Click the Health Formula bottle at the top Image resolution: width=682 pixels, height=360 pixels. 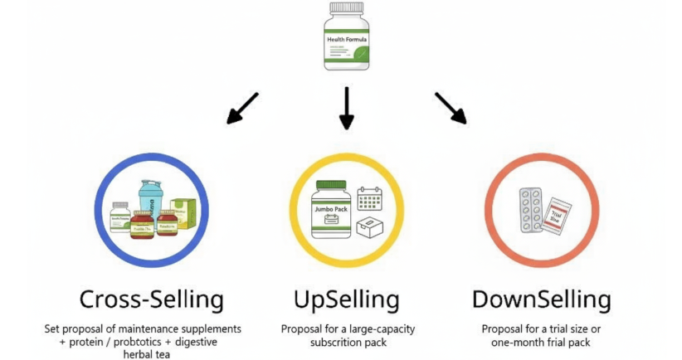click(x=346, y=40)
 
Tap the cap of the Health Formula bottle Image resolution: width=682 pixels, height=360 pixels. click(x=346, y=11)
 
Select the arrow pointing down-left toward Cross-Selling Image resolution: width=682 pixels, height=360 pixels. click(x=242, y=108)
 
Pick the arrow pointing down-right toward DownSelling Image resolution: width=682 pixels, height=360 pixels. click(x=451, y=108)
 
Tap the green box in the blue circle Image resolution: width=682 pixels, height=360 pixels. click(x=183, y=215)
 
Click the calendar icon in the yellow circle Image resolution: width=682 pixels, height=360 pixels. click(x=368, y=198)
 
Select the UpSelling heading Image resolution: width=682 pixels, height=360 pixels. click(x=346, y=299)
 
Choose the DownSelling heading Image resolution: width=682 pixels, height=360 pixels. click(x=541, y=299)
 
